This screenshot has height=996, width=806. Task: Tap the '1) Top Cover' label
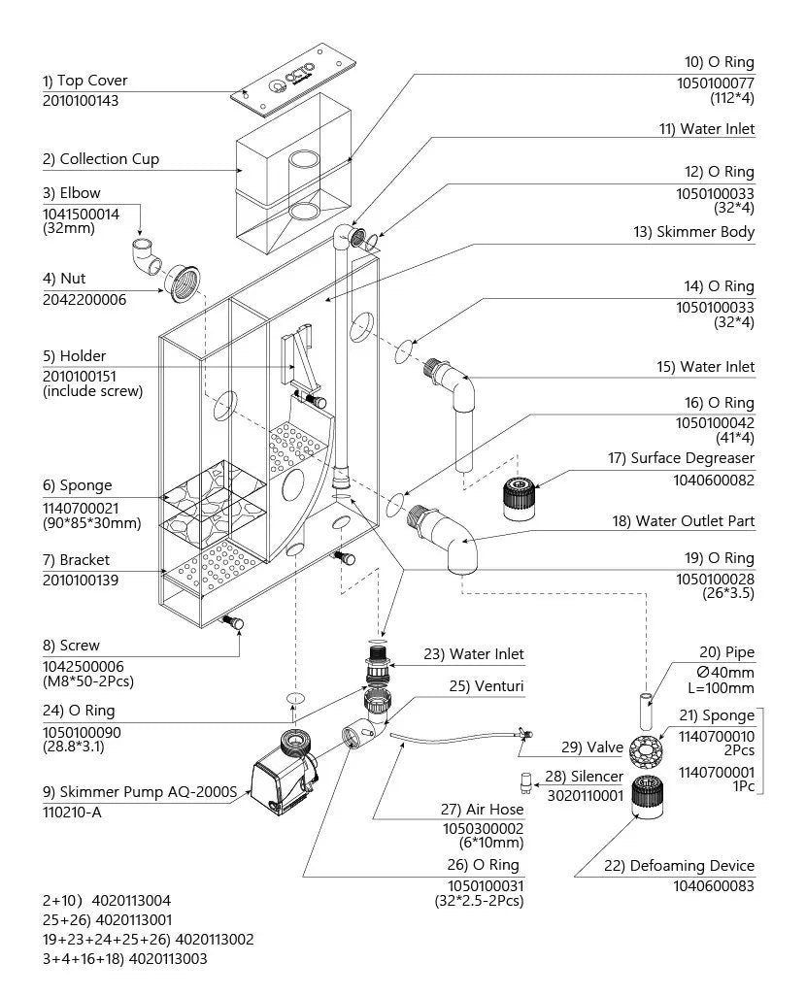[x=84, y=81]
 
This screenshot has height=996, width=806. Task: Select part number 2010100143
[x=80, y=100]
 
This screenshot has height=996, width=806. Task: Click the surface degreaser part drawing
[x=520, y=499]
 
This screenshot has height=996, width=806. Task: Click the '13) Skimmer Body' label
[x=693, y=232]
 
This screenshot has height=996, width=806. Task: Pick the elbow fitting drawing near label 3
[x=147, y=256]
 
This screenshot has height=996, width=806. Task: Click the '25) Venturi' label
[x=487, y=686]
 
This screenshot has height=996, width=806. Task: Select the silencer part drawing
[x=525, y=781]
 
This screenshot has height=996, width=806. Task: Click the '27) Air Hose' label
[x=482, y=810]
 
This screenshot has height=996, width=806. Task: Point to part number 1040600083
[x=714, y=886]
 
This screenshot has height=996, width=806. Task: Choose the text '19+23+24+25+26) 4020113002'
[x=149, y=940]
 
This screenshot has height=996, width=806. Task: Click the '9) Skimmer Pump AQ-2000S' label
[x=139, y=792]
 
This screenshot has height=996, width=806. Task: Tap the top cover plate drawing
[x=291, y=80]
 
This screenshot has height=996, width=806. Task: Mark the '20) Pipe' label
[x=726, y=652]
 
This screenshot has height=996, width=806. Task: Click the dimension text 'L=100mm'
[x=721, y=688]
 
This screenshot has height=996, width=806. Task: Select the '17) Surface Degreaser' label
[x=681, y=458]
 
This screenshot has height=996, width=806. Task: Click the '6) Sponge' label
[x=77, y=485]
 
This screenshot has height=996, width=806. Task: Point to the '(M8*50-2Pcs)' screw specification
[x=88, y=681]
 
